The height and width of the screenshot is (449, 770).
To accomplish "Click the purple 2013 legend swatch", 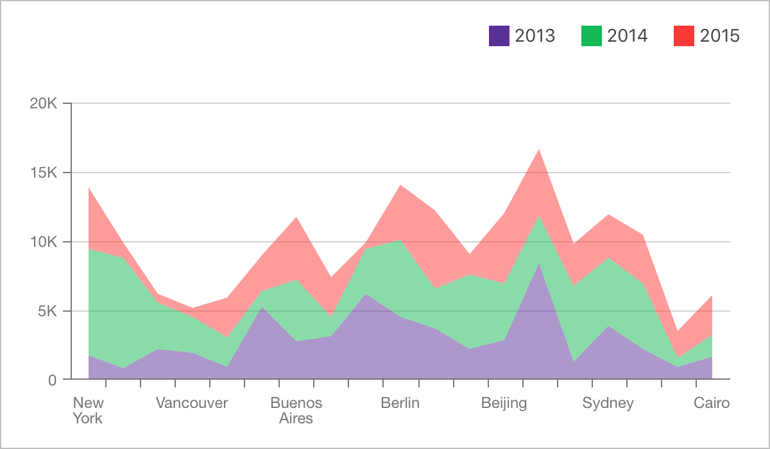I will pos(499,36).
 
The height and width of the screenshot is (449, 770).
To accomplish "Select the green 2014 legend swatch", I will pos(592,36).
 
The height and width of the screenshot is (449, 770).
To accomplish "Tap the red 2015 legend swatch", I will pos(684,36).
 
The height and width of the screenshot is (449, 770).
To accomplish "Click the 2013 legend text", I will pos(535,36).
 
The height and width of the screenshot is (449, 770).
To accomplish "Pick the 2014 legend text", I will pos(628,36).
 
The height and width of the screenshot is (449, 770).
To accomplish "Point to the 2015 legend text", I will pos(720,36).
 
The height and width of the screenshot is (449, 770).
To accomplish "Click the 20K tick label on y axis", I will pos(44,103).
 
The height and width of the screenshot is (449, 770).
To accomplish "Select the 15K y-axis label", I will pos(44,173).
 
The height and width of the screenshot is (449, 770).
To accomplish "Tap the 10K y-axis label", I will pos(44,242).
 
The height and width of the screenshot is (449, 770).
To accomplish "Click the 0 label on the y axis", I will pos(53,380).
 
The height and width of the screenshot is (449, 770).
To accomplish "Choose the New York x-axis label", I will pos(88,411).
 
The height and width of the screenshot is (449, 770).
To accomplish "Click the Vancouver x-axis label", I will pos(192,403).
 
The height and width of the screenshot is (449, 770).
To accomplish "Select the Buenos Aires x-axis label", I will pos(296,411).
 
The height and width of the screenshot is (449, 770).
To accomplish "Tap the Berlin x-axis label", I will pos(400,403).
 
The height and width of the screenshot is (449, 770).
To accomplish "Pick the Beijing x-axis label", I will pos(504,403).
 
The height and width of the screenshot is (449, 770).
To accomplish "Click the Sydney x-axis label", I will pos(608,403).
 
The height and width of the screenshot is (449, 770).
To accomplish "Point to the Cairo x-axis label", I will pos(712,403).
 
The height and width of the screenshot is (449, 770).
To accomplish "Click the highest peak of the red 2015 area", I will pos(539,149).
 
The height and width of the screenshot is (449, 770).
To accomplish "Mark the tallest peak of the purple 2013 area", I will pos(539,264).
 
